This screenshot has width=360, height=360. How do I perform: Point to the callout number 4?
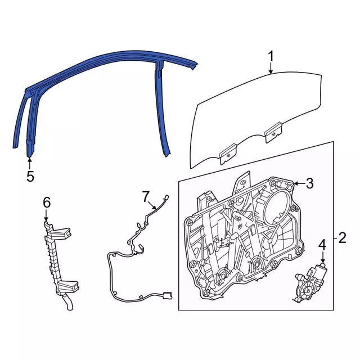click(322, 245)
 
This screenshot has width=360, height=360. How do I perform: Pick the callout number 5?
click(30, 176)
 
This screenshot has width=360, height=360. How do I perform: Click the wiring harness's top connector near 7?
click(166, 198)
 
